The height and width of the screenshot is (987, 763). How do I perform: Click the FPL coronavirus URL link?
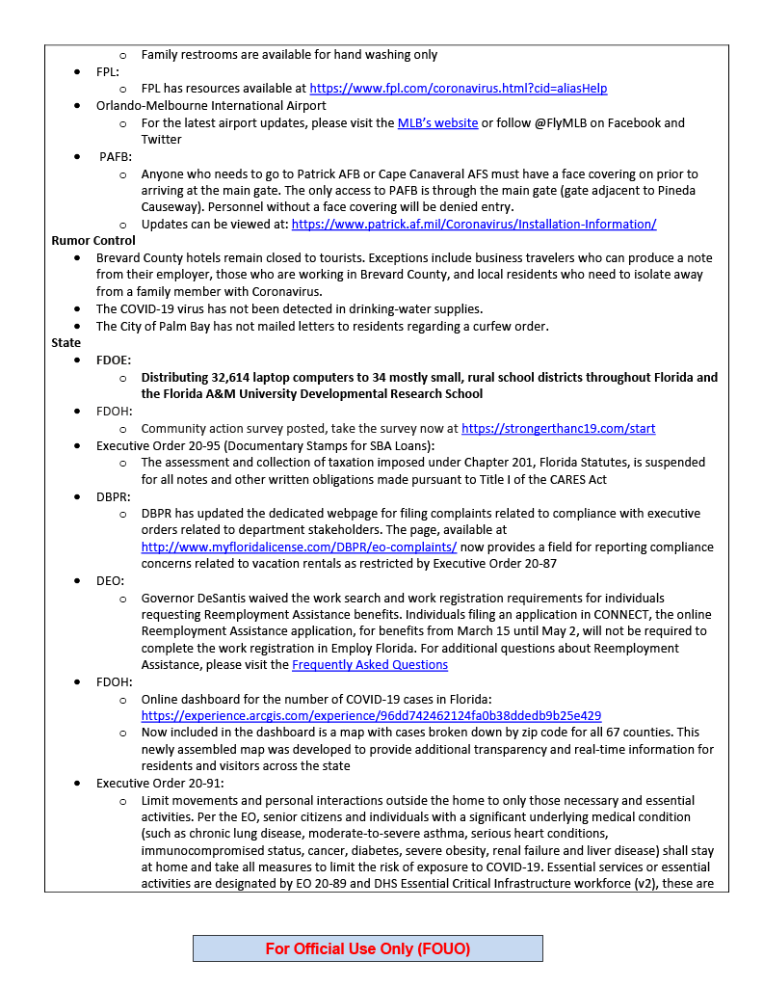(458, 89)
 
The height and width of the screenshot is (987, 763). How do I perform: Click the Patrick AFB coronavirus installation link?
(474, 224)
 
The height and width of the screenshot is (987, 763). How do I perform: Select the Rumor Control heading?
(93, 240)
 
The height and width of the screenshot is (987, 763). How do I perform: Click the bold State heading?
(66, 342)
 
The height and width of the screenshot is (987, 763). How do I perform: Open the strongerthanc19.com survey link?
(558, 428)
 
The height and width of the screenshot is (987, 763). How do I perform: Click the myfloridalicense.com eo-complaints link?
(299, 547)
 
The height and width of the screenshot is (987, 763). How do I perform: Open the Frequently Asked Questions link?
(370, 665)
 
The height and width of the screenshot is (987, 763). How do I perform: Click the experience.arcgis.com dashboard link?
(371, 716)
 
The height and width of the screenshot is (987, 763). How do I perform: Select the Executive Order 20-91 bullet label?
(160, 784)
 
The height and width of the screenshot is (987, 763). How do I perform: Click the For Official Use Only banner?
(368, 948)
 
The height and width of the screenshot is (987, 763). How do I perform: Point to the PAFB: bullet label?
(116, 156)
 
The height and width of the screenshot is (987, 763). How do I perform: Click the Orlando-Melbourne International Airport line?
(211, 106)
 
